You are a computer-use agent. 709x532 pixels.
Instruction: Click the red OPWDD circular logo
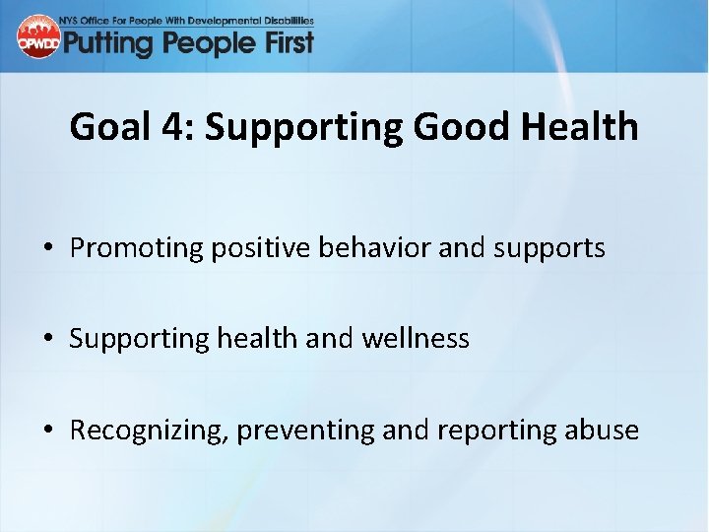point(38,37)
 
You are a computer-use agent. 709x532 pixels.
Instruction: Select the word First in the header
point(285,42)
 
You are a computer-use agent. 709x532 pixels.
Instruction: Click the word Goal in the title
point(102,127)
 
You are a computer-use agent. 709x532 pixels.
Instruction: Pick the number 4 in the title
point(161,127)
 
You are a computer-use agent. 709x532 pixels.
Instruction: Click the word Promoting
point(135,249)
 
